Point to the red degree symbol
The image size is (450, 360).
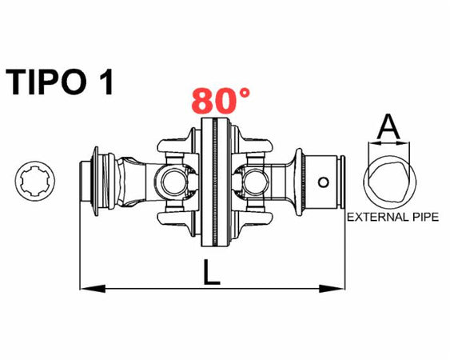point(242,93)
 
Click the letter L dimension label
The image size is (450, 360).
point(210,274)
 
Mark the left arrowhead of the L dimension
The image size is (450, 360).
point(86,286)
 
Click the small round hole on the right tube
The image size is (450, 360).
point(322,182)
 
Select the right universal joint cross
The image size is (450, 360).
point(255,182)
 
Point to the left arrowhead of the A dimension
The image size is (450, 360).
point(370,145)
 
